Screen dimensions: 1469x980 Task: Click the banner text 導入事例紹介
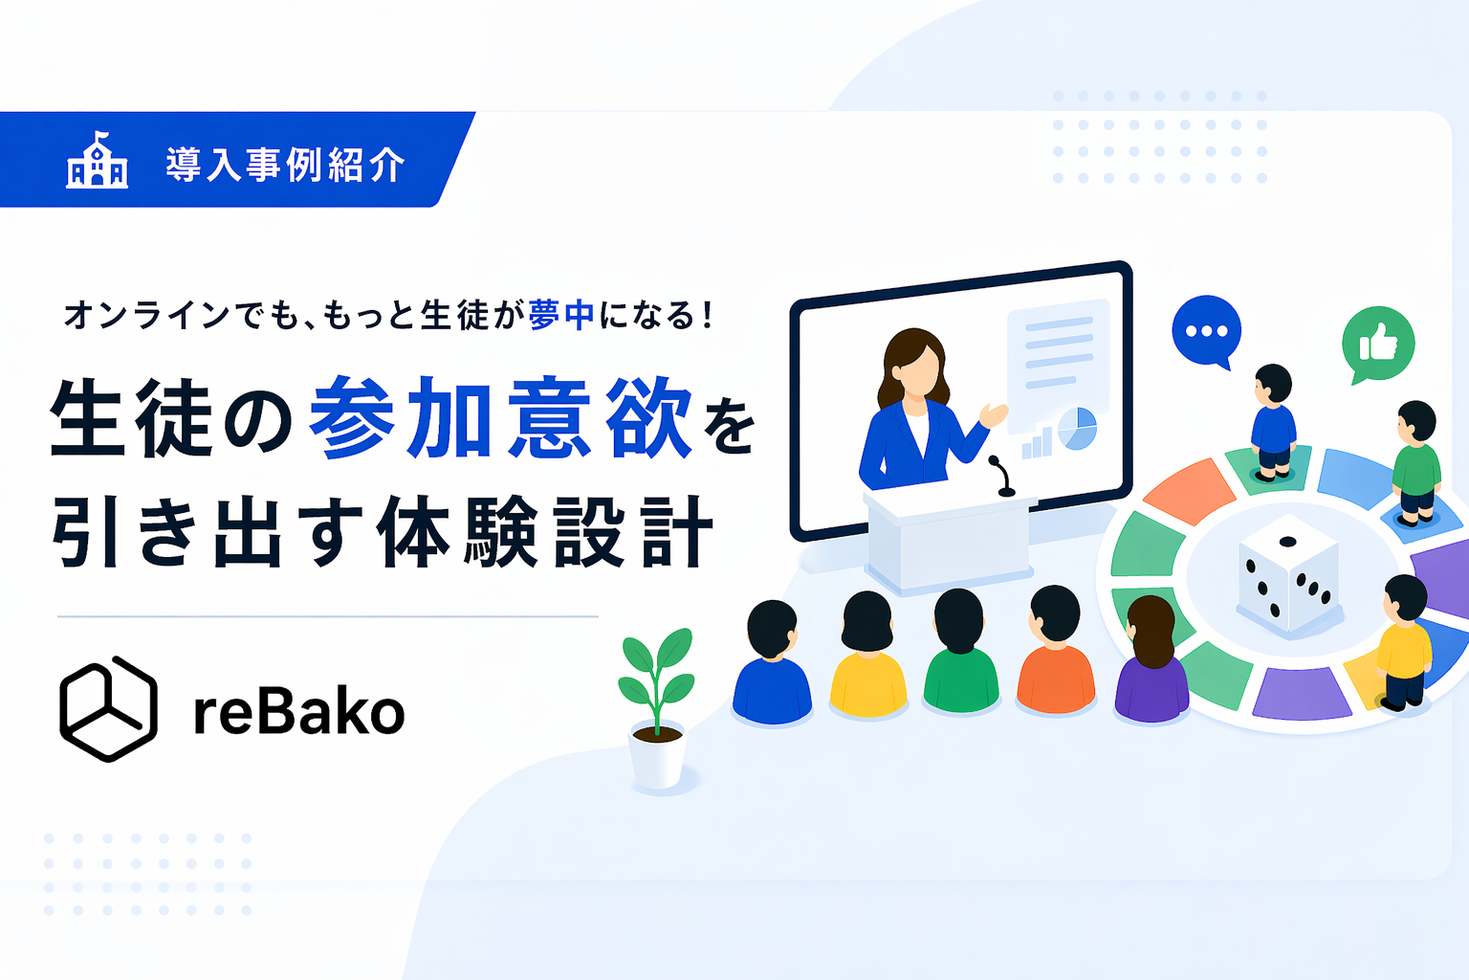[285, 164]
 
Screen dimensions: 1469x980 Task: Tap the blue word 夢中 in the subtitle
[561, 315]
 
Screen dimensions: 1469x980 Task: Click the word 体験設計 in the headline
[545, 532]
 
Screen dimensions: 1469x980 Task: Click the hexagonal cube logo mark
[108, 709]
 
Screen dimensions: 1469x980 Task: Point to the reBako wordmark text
[299, 712]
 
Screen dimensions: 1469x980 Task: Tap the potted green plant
[656, 709]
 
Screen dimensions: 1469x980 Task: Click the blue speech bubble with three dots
[1207, 332]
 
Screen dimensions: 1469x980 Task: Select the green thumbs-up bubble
[1378, 345]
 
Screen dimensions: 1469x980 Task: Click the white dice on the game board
[1287, 574]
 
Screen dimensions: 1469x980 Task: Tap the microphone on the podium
[1001, 476]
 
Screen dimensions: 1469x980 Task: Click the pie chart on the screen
[1078, 429]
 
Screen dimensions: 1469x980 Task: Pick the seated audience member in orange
[1056, 651]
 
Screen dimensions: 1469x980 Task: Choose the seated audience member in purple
[1151, 659]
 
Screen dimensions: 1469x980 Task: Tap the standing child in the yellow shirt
[1403, 643]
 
